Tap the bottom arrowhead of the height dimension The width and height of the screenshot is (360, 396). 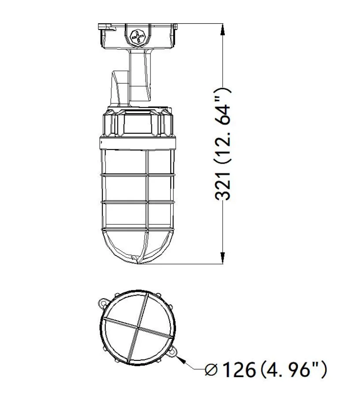pos(222,258)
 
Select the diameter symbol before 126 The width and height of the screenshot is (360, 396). pos(211,370)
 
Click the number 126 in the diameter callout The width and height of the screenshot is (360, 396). pos(239,370)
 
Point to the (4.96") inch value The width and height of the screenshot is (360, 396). pos(293,370)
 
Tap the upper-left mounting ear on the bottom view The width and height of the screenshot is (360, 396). pos(103,303)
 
